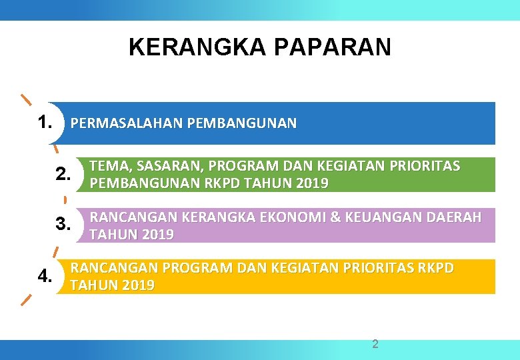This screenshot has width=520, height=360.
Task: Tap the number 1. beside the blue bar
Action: [x=45, y=123]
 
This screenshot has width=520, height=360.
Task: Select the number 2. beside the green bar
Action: [x=63, y=175]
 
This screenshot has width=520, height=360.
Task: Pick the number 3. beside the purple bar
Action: [x=63, y=224]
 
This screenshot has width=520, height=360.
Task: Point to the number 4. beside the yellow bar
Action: [x=45, y=276]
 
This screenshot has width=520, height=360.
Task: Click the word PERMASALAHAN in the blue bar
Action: [x=127, y=123]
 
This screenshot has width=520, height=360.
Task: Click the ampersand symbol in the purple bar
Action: [x=353, y=217]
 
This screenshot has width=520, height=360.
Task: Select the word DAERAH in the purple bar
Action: [x=461, y=217]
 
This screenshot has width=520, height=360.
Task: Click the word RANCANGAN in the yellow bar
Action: [x=114, y=268]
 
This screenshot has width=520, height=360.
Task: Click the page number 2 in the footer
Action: [x=375, y=344]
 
